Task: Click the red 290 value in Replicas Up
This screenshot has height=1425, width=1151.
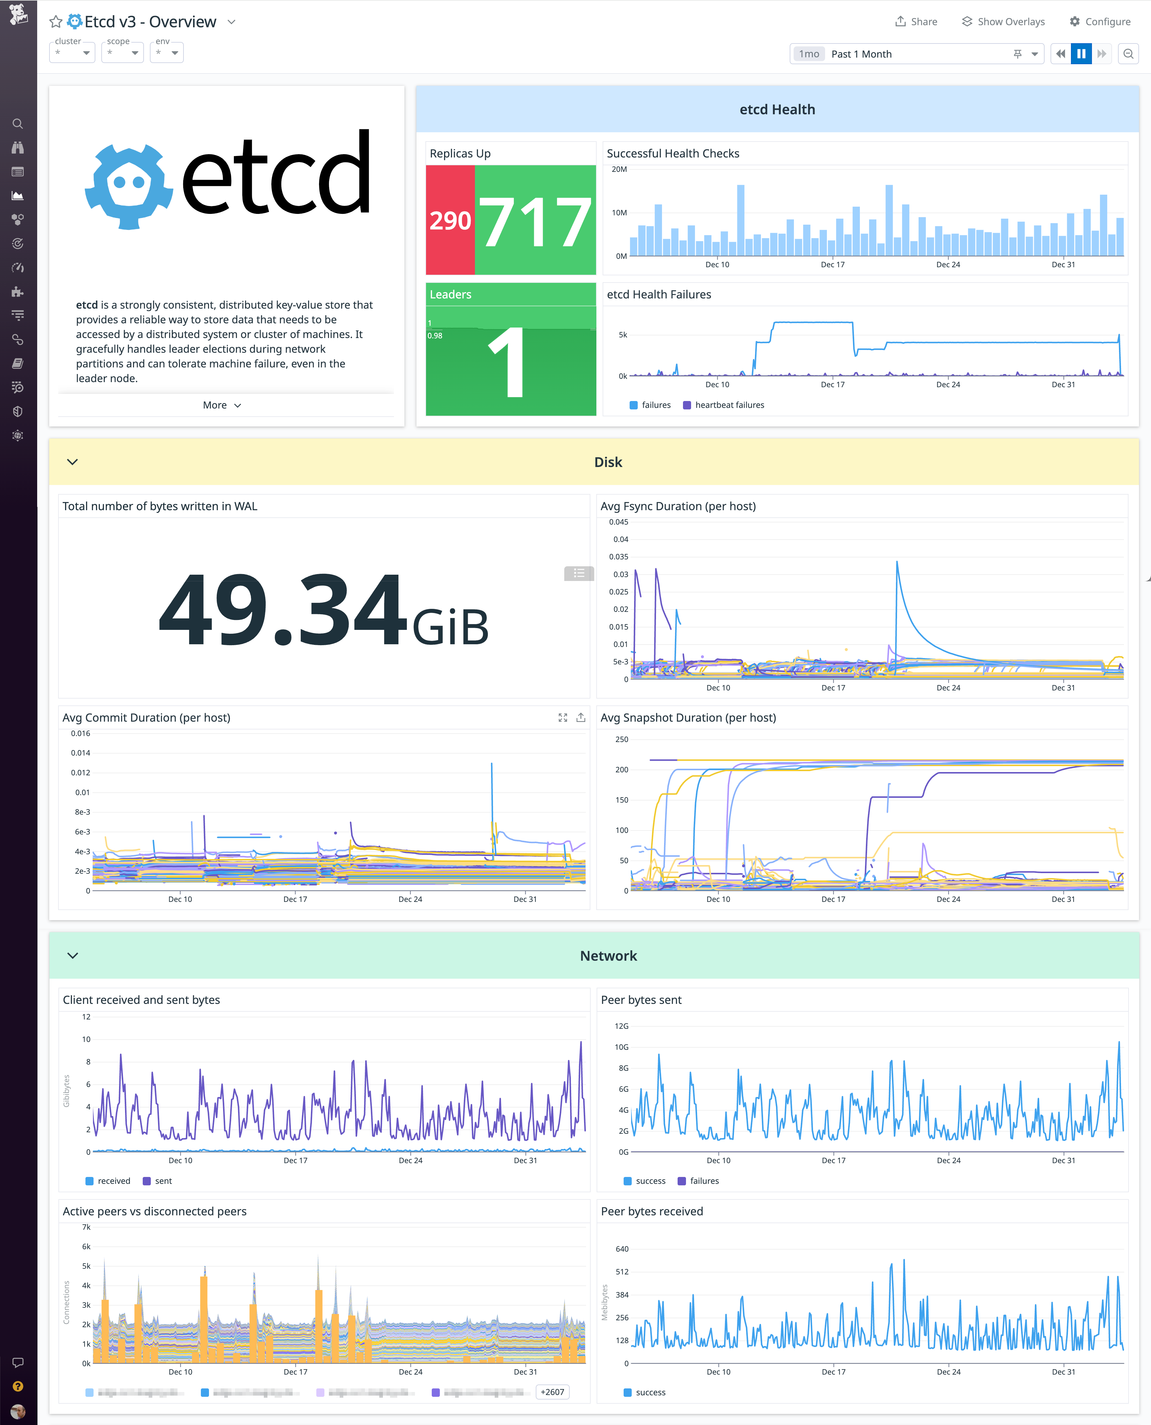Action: [450, 220]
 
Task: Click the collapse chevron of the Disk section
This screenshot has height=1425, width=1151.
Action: [73, 462]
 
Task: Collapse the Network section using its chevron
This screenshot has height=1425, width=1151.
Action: [73, 956]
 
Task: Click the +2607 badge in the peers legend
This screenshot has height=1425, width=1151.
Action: [552, 1392]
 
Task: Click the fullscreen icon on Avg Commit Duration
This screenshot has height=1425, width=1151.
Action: [563, 717]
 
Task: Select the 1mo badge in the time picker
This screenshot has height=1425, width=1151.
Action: [809, 54]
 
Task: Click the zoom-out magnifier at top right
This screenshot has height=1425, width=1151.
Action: [1128, 54]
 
